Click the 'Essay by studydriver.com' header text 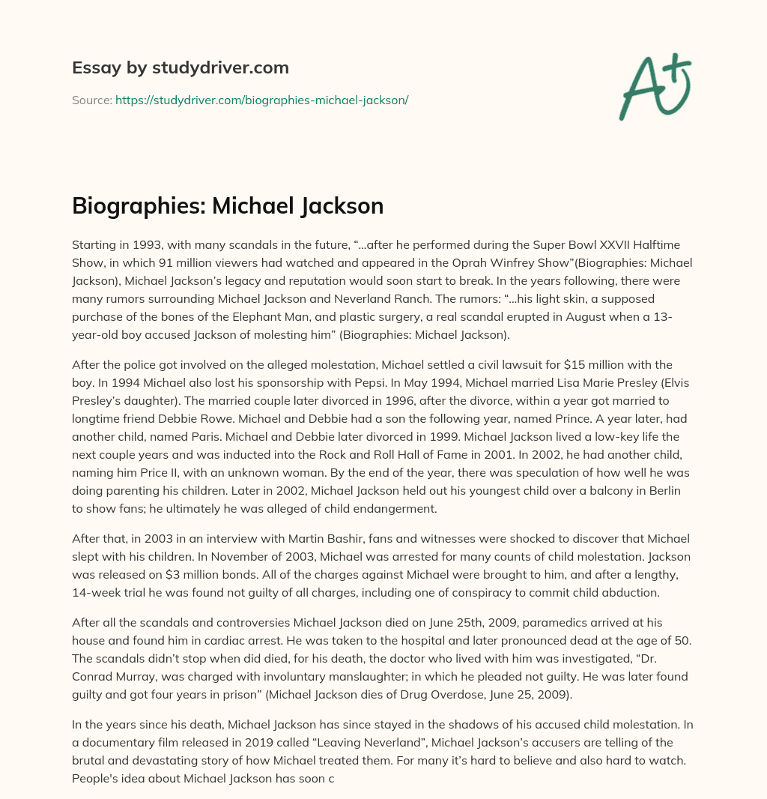coord(180,67)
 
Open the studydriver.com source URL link coord(261,100)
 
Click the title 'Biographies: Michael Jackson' coord(228,205)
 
